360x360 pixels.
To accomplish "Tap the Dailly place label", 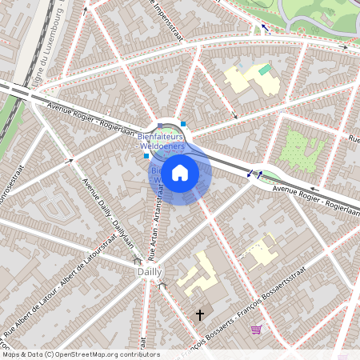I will [148, 272].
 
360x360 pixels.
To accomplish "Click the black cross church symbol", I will [200, 315].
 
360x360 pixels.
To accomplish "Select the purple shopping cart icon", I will [256, 329].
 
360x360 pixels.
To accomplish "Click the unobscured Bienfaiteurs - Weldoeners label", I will [162, 142].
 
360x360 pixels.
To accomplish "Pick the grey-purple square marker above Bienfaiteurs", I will [160, 126].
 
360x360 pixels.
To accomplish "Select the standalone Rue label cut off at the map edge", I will [354, 139].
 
